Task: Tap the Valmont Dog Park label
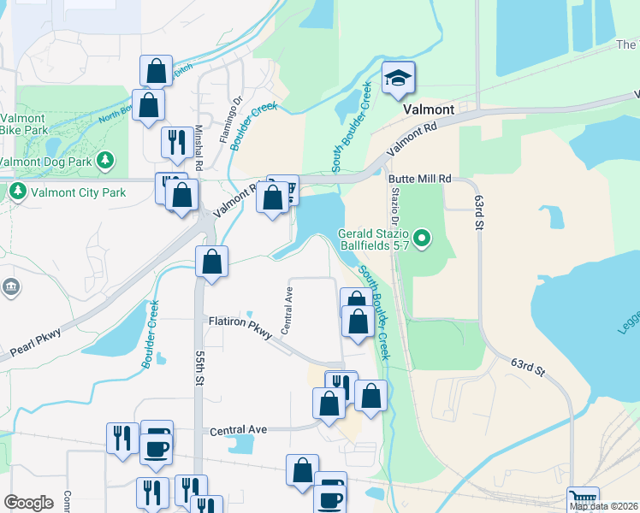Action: point(46,160)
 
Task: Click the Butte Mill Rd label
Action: point(419,179)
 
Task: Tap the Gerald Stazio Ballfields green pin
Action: point(421,236)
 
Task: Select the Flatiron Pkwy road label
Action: point(240,324)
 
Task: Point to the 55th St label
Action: point(199,367)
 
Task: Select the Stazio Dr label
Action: point(394,206)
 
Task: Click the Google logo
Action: point(28,504)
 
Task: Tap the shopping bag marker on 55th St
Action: point(211,262)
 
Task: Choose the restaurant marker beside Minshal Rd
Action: point(176,142)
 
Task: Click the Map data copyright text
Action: point(601,506)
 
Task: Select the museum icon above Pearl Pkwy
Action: point(10,288)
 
